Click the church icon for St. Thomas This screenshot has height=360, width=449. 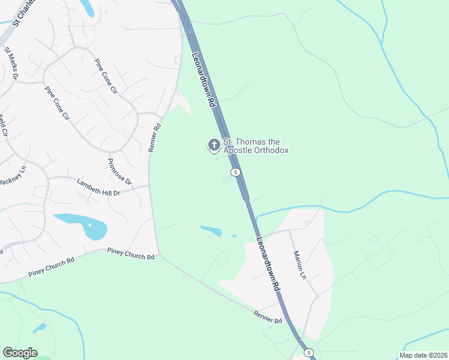click(214, 145)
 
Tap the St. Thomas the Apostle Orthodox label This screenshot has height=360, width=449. click(256, 146)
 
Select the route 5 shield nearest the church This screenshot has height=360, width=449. click(235, 172)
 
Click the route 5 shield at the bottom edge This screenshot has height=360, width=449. click(307, 352)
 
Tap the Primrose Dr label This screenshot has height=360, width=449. click(119, 172)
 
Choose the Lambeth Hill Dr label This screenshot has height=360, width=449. click(99, 187)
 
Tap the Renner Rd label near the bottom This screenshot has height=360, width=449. click(268, 316)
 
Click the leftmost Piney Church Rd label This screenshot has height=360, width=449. click(51, 268)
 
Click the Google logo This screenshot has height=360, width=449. click(20, 353)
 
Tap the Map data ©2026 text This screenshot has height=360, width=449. click(422, 355)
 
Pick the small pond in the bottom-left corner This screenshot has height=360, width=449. click(40, 328)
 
